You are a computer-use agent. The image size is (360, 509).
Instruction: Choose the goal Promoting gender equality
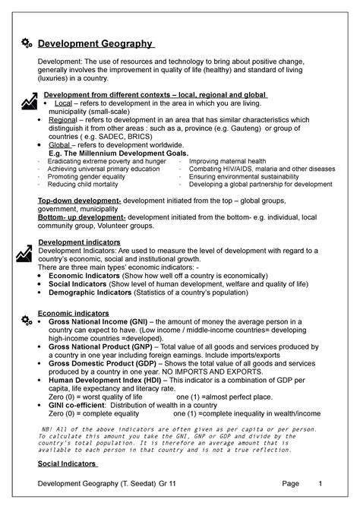point(84,176)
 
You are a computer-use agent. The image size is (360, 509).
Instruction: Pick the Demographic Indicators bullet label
point(90,292)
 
